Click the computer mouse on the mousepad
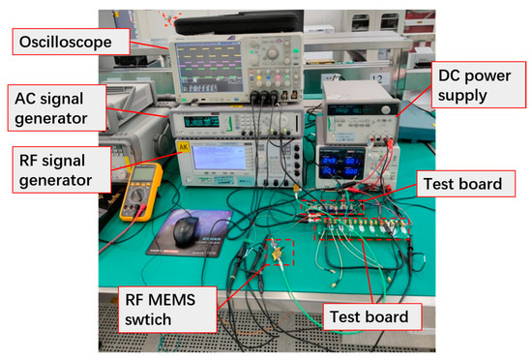pos(187,229)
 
